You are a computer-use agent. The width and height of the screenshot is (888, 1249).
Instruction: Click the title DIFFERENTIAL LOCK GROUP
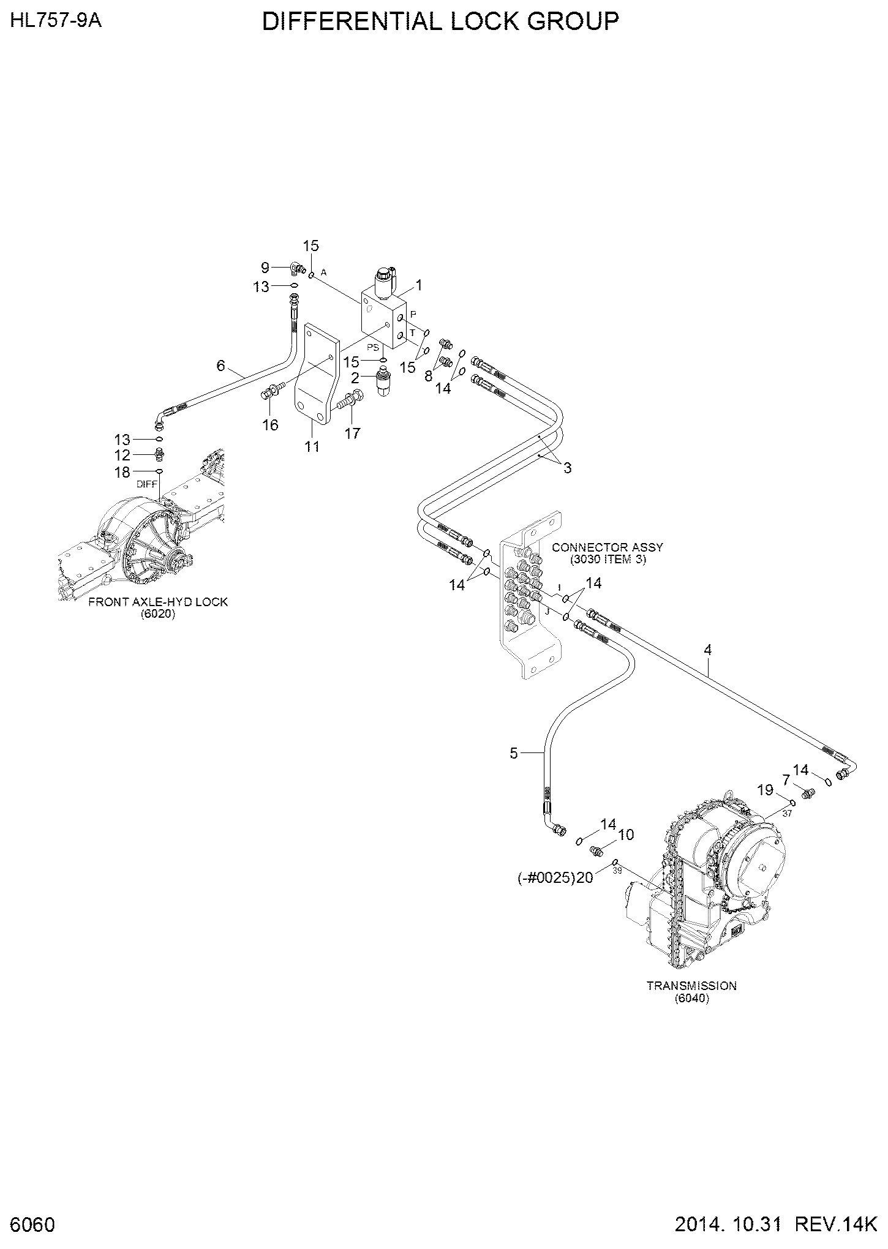440,22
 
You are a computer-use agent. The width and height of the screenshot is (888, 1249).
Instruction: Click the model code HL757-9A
56,20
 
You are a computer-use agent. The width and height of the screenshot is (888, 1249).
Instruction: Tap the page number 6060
33,1225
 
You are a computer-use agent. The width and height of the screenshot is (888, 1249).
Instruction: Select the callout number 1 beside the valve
419,285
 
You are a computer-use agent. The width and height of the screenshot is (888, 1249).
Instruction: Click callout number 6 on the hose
221,366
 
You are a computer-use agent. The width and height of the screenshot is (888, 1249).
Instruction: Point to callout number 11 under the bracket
312,446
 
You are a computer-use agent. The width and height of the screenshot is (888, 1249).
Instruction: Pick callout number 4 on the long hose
708,650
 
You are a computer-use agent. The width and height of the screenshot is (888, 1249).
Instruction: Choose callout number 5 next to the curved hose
514,753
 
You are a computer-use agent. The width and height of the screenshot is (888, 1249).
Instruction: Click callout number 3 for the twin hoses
568,468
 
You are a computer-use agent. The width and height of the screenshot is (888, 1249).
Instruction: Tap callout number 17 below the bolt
352,433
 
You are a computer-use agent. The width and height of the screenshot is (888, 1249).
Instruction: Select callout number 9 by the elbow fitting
265,267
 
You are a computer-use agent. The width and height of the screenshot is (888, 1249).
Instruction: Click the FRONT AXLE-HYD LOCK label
158,602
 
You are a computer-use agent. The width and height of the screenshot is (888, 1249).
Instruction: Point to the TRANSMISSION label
691,986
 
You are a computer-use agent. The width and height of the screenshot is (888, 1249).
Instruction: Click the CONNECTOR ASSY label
607,547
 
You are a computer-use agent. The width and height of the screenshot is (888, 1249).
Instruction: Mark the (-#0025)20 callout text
555,877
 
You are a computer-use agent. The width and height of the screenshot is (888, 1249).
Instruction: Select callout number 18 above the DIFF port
122,471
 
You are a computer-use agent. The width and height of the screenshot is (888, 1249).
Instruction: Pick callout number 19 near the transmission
766,790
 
